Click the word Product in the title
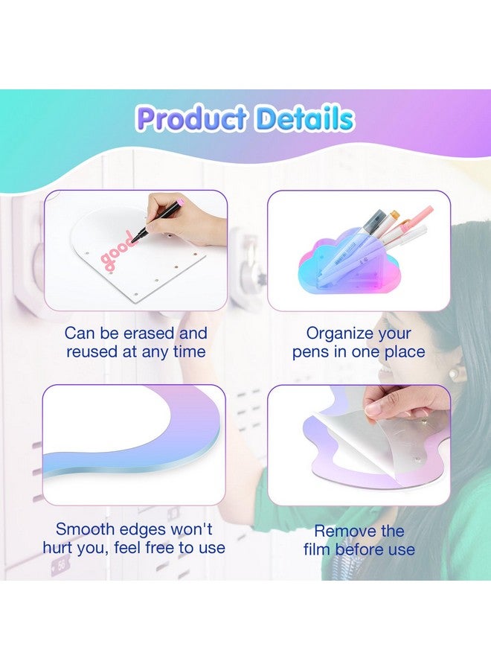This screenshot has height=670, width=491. (192, 119)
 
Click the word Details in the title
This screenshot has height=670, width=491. (303, 119)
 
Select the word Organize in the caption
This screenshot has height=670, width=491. (338, 333)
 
